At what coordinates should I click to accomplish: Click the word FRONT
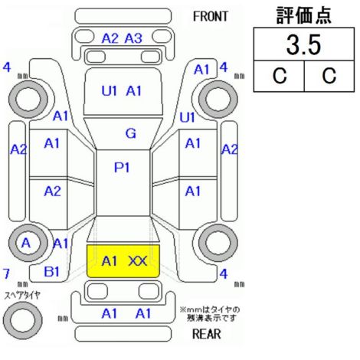(x=211, y=17)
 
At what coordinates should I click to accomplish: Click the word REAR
(x=206, y=334)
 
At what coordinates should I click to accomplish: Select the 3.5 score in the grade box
(x=303, y=45)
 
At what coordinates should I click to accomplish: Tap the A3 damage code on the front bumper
(x=133, y=38)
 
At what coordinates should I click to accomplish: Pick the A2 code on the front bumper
(x=110, y=38)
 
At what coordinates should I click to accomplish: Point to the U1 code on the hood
(x=110, y=90)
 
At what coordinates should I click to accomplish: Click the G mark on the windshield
(x=131, y=133)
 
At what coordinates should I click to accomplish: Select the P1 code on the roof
(x=122, y=168)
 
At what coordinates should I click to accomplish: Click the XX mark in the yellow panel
(x=138, y=261)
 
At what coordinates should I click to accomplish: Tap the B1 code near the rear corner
(x=51, y=272)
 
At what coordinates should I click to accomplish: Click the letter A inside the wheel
(x=26, y=243)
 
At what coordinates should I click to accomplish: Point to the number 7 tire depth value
(x=6, y=273)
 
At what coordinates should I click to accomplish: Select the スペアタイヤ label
(x=22, y=296)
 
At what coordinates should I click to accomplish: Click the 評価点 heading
(x=304, y=15)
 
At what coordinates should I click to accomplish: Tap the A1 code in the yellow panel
(x=110, y=261)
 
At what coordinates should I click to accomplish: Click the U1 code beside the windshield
(x=187, y=117)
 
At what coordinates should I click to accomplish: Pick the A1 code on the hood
(x=133, y=90)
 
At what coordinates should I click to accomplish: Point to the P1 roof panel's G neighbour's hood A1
(x=133, y=90)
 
